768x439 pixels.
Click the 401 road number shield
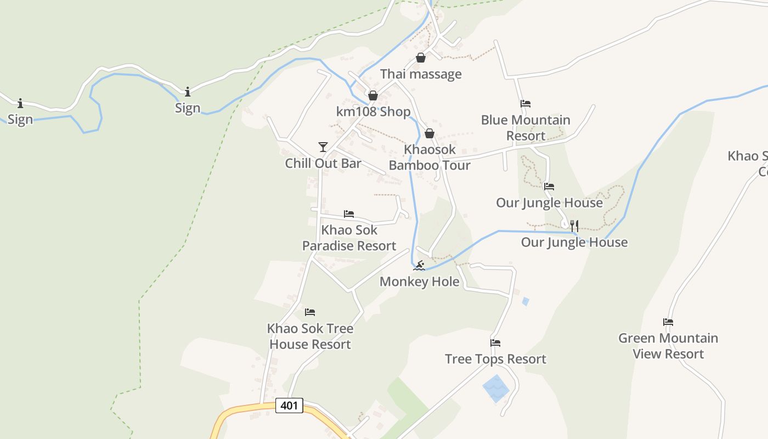click(289, 406)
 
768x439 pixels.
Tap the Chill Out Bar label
click(323, 163)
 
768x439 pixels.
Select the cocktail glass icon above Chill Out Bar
click(323, 147)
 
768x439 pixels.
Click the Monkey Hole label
click(420, 282)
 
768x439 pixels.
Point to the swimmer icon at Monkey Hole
click(419, 266)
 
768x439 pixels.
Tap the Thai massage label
click(421, 74)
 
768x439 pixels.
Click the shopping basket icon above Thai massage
click(421, 58)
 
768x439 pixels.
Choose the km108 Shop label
click(373, 112)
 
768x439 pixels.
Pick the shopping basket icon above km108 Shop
click(373, 95)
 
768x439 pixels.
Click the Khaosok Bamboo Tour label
click(430, 157)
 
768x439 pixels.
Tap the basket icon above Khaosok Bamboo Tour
click(430, 133)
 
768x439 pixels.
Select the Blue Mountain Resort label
click(526, 128)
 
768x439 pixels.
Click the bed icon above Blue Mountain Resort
click(526, 103)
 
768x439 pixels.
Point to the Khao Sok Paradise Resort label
click(349, 238)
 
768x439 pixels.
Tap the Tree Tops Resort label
click(495, 359)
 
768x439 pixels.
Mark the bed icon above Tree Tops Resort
click(495, 342)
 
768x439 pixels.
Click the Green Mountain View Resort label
click(668, 346)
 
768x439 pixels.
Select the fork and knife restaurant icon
click(574, 226)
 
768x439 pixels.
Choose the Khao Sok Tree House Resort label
click(310, 336)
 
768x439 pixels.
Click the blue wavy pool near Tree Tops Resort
click(496, 389)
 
